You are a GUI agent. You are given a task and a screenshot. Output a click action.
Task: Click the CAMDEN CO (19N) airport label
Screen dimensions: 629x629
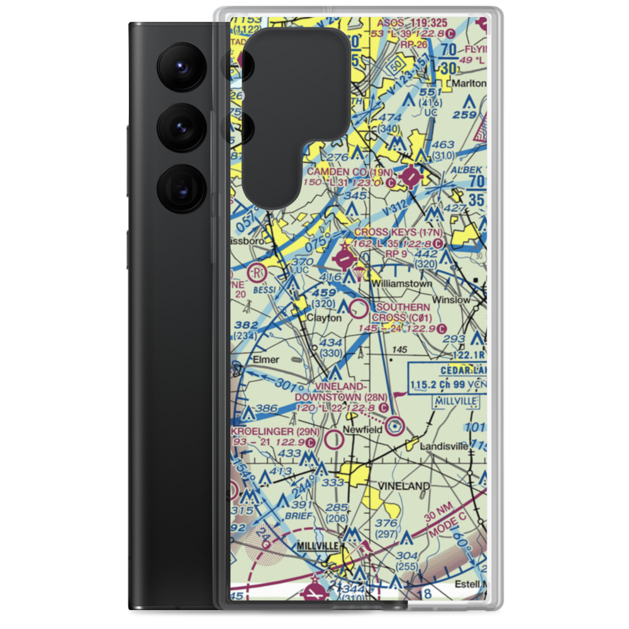coord(350,172)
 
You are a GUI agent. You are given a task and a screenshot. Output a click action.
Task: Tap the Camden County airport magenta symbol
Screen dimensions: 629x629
coord(411,178)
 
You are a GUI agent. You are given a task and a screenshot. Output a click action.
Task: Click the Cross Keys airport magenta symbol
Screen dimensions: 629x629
coord(344,257)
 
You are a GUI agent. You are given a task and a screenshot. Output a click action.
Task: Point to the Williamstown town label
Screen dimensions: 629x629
coord(401,284)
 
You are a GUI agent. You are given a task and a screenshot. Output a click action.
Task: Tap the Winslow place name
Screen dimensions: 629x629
coord(451,300)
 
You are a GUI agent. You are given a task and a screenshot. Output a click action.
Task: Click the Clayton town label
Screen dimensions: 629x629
coord(325,318)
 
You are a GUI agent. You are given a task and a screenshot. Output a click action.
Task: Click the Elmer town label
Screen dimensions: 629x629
coord(265,360)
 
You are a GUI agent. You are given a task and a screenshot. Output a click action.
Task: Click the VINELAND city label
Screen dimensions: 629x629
coord(403,486)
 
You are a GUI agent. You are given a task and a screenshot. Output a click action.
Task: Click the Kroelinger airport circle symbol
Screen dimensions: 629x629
coord(335,439)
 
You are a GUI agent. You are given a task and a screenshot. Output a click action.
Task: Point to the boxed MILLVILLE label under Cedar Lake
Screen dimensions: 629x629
coord(455,401)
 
